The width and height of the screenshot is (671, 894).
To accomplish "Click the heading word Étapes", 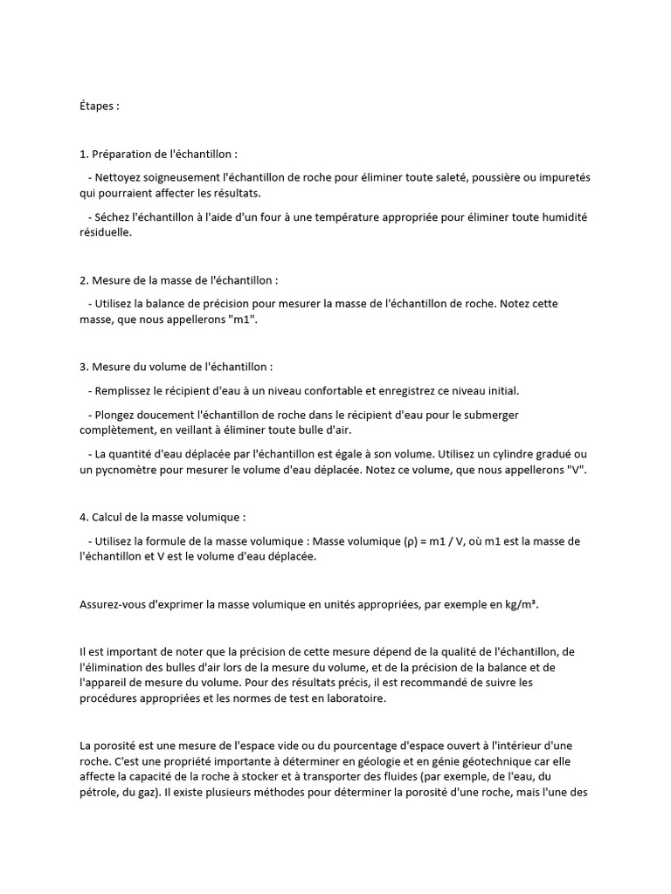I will point(97,106).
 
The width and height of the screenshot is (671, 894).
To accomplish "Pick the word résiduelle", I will point(104,232).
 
